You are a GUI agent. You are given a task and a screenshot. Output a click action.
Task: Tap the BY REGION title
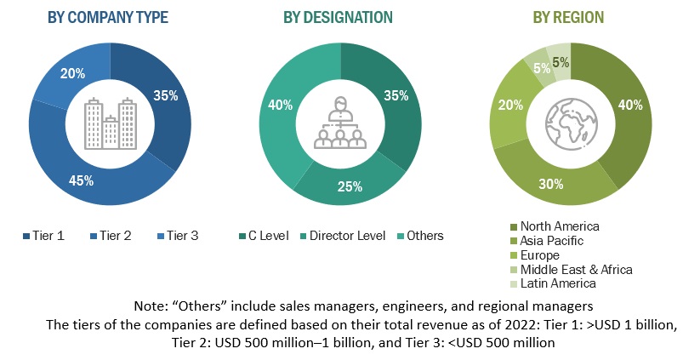coord(568,17)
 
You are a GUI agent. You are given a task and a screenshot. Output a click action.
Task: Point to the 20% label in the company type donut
coord(71,74)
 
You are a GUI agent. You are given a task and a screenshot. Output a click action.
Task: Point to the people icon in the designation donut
coord(340,125)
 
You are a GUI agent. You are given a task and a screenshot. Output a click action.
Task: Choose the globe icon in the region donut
coord(568,125)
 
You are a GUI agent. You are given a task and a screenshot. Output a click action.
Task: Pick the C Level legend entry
coord(265,235)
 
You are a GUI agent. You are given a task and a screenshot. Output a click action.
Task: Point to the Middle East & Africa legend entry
coord(576,269)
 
